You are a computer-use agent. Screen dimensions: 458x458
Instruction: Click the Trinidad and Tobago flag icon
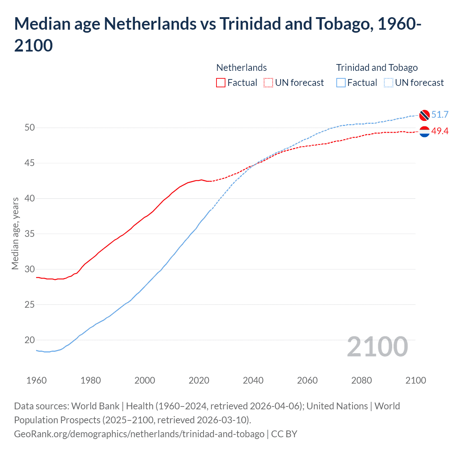point(424,115)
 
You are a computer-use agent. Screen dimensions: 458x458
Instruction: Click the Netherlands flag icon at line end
point(424,132)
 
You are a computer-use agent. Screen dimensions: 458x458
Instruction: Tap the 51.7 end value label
point(440,114)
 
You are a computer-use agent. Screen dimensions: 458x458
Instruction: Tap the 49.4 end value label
point(440,131)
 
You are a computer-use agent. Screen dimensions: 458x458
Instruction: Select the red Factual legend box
point(221,83)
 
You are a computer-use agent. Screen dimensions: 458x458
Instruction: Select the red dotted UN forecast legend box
point(268,83)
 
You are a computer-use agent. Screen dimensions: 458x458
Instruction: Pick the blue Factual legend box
point(341,83)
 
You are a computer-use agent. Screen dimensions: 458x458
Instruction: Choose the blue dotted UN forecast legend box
point(389,83)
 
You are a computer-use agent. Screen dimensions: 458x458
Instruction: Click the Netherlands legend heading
point(242,68)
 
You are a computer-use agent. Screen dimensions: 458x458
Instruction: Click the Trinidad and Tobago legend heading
point(377,68)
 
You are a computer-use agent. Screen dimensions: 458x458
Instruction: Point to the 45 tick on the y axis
point(30,163)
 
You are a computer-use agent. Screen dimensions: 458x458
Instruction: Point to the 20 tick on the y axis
point(30,340)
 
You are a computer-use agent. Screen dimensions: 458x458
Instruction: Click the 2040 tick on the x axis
point(253,380)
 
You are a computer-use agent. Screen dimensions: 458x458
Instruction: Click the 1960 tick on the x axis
point(36,380)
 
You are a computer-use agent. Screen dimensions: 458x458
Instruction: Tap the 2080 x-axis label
point(361,380)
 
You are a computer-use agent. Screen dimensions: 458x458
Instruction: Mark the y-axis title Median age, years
point(15,233)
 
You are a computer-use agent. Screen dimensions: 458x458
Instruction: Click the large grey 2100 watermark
point(377,346)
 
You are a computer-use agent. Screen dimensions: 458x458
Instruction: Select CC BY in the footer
point(284,434)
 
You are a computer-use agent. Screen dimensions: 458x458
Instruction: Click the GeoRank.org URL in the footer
point(139,434)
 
